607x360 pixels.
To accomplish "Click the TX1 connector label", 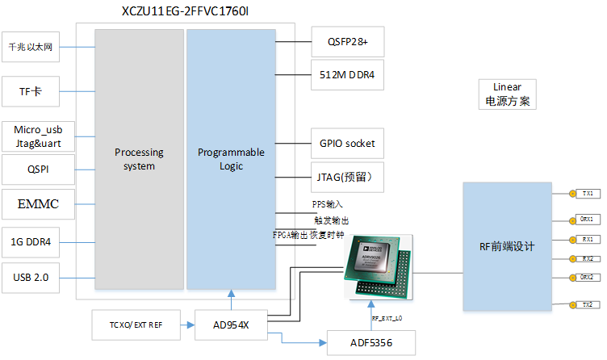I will click(586, 194).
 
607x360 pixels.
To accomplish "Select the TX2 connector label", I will click(586, 304).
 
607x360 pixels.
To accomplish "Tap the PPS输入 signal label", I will click(328, 204).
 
